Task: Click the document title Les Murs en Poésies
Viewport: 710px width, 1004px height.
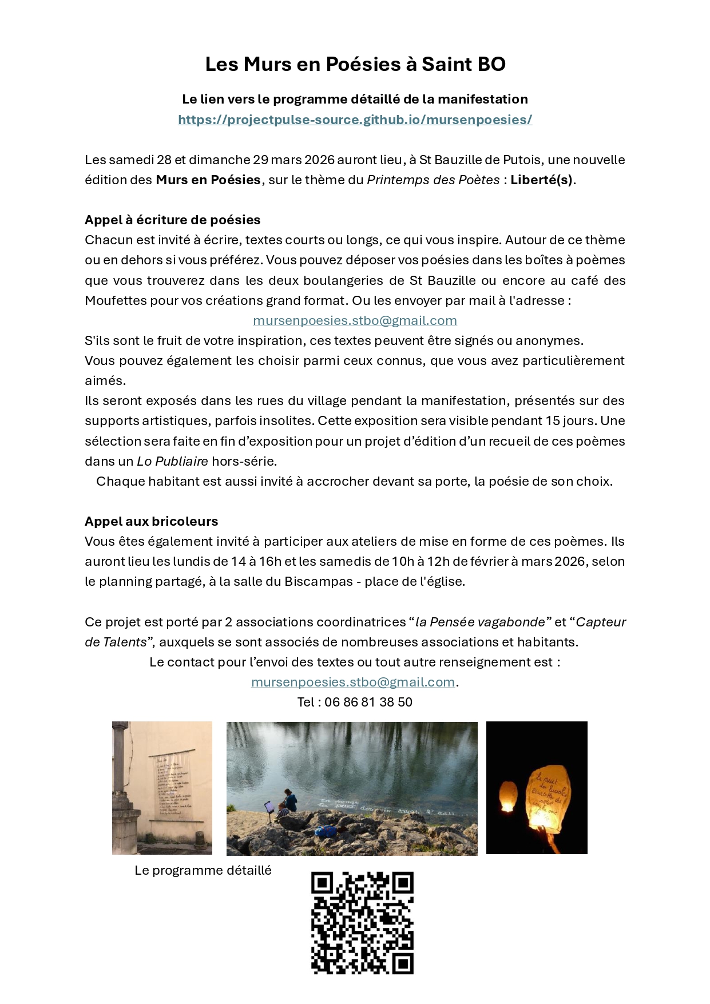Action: tap(355, 64)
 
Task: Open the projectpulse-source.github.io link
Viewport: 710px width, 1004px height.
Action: tap(355, 120)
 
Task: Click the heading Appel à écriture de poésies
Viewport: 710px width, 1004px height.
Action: tap(172, 220)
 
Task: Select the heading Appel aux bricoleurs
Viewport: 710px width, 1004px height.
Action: tap(151, 521)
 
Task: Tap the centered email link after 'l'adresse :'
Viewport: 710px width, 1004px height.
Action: tap(355, 320)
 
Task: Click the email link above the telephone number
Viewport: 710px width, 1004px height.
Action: tap(353, 682)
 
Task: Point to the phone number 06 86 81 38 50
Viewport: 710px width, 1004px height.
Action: tap(368, 702)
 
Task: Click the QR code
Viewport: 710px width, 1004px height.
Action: tap(362, 922)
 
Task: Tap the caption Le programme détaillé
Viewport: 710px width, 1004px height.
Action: tap(203, 870)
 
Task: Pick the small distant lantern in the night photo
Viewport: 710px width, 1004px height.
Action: tap(507, 796)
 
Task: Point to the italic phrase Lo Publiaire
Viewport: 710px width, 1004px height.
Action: tap(172, 461)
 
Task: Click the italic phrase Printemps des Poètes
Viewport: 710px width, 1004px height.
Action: tap(433, 180)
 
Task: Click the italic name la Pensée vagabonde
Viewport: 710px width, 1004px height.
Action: tap(480, 622)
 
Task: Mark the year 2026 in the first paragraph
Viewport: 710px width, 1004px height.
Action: tap(319, 160)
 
